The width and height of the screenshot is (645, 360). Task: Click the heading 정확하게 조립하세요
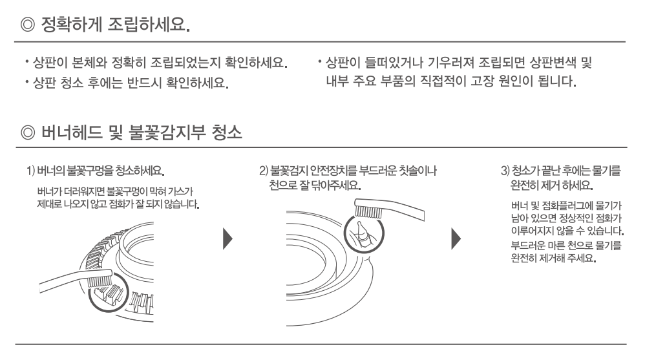(x=116, y=25)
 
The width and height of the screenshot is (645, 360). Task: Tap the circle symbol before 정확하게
(x=28, y=25)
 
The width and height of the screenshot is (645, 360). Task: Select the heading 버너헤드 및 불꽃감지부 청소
(x=142, y=132)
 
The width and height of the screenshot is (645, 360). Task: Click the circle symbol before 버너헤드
(x=28, y=133)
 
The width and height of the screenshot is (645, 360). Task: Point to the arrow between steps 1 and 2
(x=227, y=238)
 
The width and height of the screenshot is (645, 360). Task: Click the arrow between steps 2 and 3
(x=456, y=238)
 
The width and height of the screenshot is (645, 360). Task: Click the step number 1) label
(x=31, y=171)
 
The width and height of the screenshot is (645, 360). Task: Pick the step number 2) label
(x=263, y=171)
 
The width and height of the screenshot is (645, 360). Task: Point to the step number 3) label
(x=505, y=171)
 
